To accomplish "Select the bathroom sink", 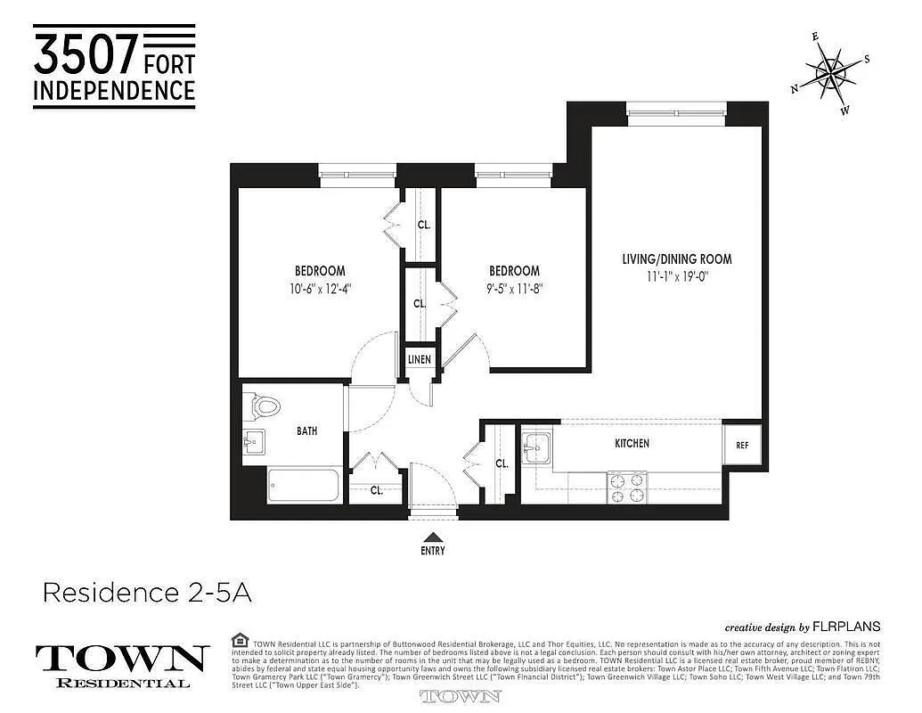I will [x=254, y=440].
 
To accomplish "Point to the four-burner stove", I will [x=627, y=487].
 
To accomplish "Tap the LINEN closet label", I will [x=420, y=360].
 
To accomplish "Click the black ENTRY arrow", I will [x=433, y=537].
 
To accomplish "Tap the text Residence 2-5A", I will [x=147, y=593].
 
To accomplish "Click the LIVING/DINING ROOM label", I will [x=677, y=259].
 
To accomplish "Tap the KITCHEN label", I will [x=632, y=443].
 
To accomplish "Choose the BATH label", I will [x=307, y=431].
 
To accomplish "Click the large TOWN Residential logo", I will [x=122, y=665].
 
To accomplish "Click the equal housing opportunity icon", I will [x=239, y=640].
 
